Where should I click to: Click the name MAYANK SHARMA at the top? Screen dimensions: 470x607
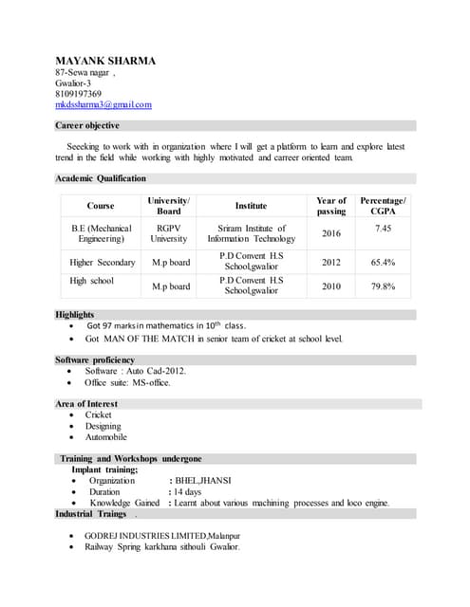tap(105, 61)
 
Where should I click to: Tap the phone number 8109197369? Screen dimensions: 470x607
tap(79, 94)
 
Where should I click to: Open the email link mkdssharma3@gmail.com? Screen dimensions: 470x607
tap(103, 105)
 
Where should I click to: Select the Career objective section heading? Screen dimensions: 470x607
tap(87, 125)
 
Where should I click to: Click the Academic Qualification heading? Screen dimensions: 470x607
tap(101, 178)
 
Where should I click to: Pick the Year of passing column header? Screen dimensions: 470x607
tap(331, 206)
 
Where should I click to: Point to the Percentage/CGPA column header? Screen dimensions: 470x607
tap(384, 206)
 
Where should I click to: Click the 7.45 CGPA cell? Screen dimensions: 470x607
tap(384, 229)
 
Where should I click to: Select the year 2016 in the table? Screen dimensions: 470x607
tap(331, 233)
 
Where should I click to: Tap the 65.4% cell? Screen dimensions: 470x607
tap(384, 262)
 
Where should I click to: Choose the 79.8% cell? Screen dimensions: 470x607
tap(384, 285)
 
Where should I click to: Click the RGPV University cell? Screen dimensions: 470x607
tap(169, 233)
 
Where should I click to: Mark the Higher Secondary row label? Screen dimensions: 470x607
tap(103, 262)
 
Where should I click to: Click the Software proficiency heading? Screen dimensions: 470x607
tap(95, 360)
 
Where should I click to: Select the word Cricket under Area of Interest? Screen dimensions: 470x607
tap(99, 415)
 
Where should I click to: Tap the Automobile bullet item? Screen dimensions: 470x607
tap(105, 437)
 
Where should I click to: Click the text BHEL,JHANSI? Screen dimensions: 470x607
tap(202, 480)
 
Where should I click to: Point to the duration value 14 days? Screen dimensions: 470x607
tap(188, 491)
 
